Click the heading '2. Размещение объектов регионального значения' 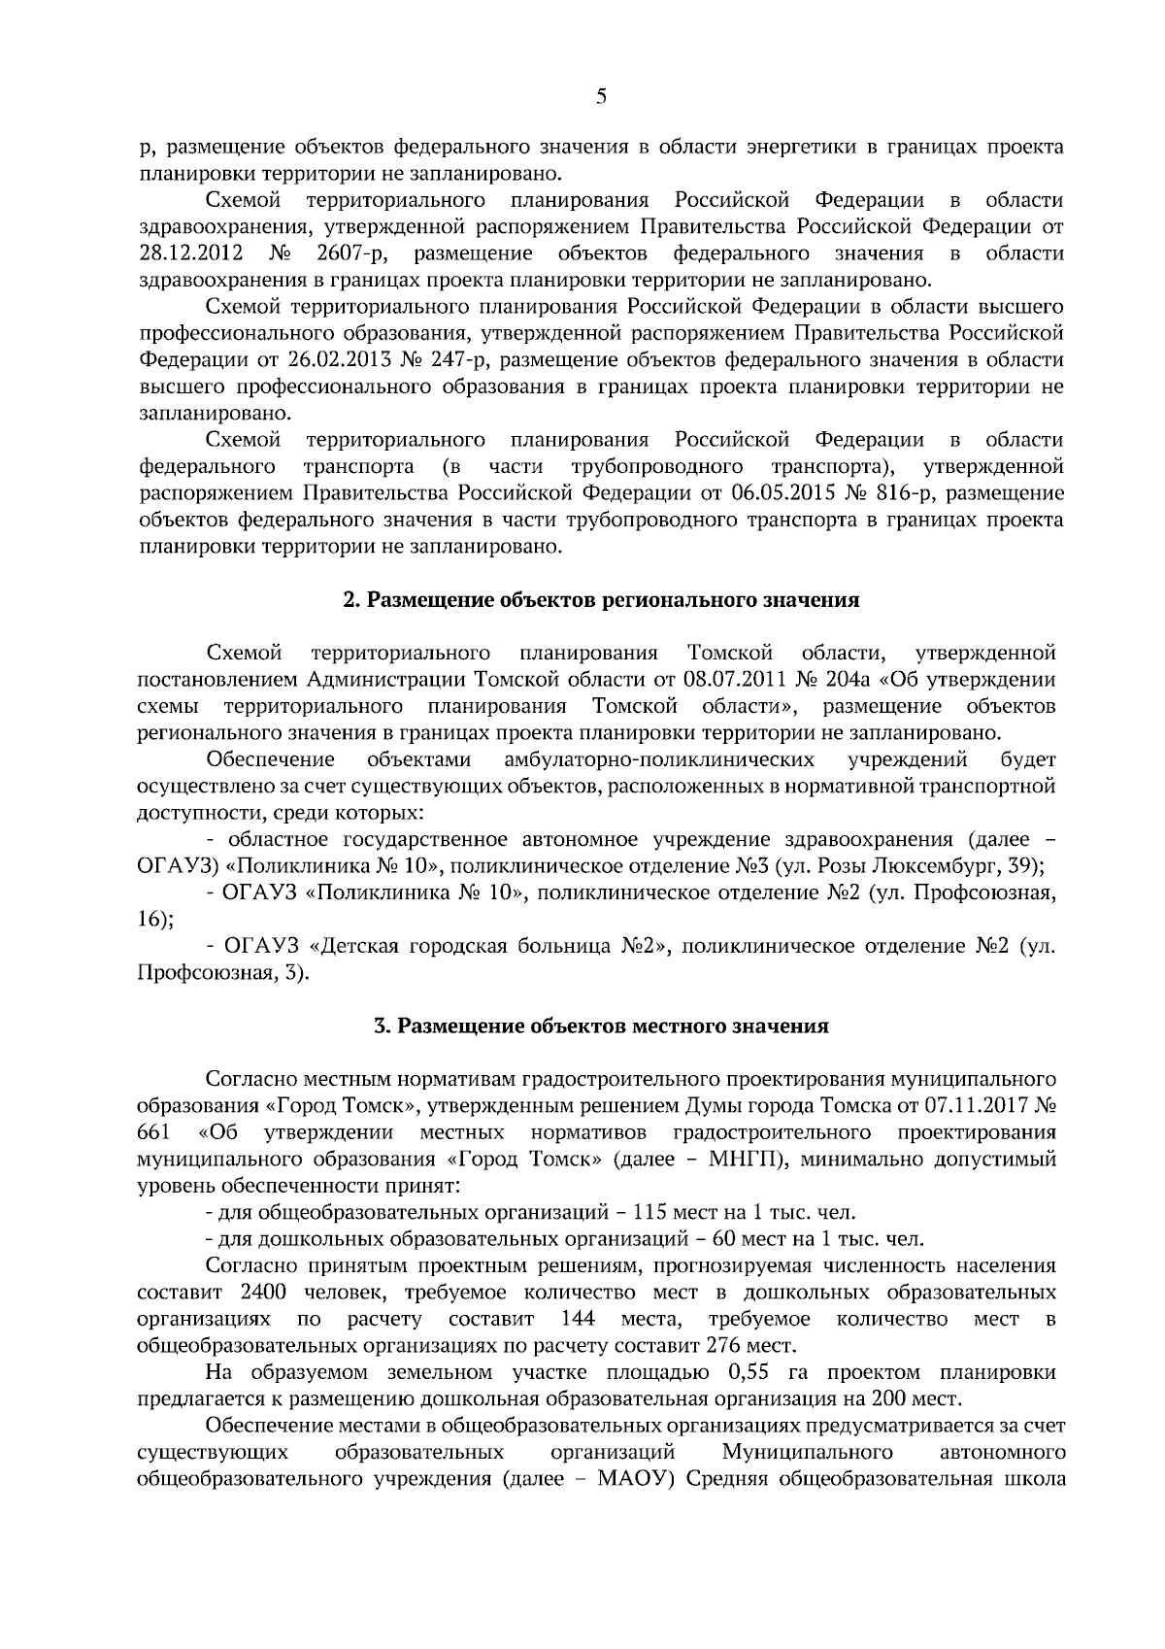tap(602, 600)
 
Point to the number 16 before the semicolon tap(150, 919)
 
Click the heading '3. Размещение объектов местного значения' tap(602, 1026)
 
